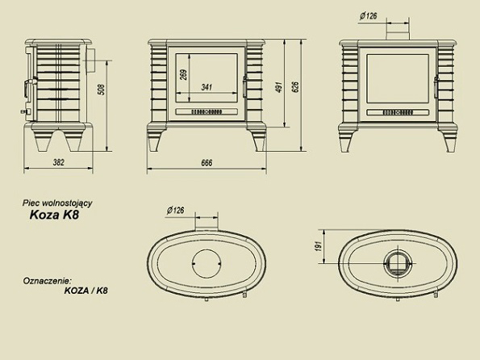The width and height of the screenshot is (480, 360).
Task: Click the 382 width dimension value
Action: (58, 162)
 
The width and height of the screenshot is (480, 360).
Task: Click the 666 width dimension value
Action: (207, 163)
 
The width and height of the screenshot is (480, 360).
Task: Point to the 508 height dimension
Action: (102, 90)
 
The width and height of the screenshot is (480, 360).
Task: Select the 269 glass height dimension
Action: (184, 75)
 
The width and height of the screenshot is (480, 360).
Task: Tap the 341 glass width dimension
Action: (207, 87)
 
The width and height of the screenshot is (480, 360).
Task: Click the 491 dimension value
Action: (279, 88)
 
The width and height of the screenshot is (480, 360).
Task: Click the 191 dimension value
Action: (319, 246)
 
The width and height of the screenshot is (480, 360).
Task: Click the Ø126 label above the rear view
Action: (368, 15)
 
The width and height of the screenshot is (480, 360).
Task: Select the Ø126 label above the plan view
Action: (176, 210)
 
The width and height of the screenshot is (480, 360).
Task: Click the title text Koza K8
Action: (54, 215)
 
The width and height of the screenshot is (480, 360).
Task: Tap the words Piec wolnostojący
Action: (57, 203)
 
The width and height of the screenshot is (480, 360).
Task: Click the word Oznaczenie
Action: (47, 281)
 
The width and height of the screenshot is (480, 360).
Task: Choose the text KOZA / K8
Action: (86, 291)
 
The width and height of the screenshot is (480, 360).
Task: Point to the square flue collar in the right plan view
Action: (398, 263)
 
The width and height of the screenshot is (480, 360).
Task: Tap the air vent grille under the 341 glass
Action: (207, 112)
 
